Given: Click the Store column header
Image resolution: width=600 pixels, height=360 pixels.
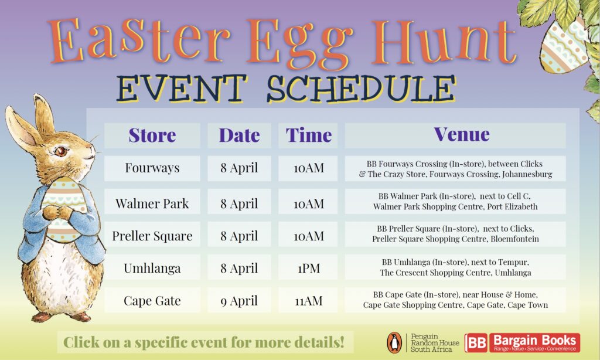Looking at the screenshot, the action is [152, 135].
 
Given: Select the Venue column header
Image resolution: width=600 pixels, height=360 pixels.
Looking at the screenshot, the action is [455, 135].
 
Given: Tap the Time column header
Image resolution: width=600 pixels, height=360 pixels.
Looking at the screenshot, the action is [308, 135].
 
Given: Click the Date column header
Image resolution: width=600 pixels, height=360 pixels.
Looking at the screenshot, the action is [239, 135].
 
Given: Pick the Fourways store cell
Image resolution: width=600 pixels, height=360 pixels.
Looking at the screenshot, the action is [152, 168].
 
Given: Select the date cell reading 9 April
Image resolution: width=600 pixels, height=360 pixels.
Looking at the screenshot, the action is [239, 301].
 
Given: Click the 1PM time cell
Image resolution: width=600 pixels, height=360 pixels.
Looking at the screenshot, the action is [308, 268].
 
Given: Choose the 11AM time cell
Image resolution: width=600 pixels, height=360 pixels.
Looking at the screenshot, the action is [308, 301].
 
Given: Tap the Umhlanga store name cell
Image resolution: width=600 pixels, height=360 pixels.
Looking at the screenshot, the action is [152, 268].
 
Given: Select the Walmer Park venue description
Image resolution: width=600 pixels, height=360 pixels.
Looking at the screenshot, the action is [455, 202].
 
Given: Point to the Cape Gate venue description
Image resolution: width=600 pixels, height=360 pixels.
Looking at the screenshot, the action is [455, 300].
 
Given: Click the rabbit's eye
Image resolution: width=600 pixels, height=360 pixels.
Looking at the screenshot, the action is [60, 151].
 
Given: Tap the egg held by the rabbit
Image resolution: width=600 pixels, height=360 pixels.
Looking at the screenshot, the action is [63, 209].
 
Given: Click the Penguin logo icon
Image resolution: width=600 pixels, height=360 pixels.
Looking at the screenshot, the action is [394, 342].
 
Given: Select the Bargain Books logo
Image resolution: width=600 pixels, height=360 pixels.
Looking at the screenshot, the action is [522, 342].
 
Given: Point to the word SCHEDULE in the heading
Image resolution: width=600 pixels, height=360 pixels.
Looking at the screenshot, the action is [361, 89].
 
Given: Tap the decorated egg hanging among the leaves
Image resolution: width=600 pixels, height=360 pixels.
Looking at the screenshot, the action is [564, 45].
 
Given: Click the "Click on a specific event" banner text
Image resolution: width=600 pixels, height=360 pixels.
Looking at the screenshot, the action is [204, 342].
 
